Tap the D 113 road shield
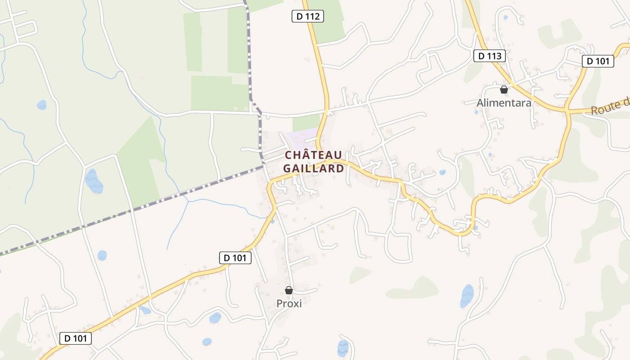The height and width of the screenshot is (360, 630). tap(490, 56)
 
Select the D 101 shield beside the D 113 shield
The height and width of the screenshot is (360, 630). tap(598, 61)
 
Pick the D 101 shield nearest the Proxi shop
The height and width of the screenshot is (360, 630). tap(235, 258)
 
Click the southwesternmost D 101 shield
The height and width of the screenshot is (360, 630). tap(75, 338)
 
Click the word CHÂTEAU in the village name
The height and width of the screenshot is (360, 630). tap(313, 155)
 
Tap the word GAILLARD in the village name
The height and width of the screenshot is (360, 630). tap(313, 169)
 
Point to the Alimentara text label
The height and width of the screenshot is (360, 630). tap(504, 103)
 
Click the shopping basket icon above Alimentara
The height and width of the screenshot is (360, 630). tap(504, 90)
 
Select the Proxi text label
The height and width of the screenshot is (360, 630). tap(289, 303)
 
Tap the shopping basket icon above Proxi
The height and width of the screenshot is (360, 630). tap(289, 290)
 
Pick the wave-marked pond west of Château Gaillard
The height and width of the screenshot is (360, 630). tap(94, 181)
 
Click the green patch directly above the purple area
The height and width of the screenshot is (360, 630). tap(306, 121)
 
